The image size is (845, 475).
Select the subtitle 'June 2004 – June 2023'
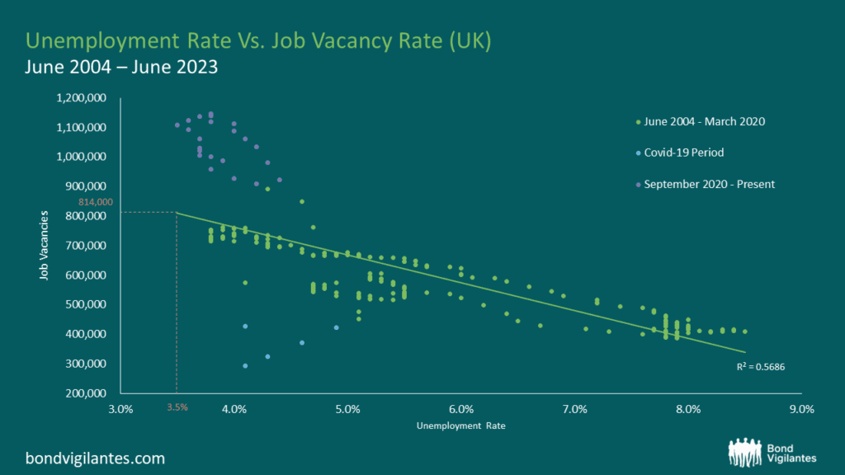point(122,68)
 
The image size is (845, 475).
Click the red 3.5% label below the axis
point(177,407)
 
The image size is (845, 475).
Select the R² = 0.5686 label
point(760,367)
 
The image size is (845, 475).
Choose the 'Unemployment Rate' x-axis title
point(460,426)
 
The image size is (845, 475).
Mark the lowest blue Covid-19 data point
point(245,365)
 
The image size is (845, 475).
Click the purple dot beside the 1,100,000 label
point(177,125)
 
